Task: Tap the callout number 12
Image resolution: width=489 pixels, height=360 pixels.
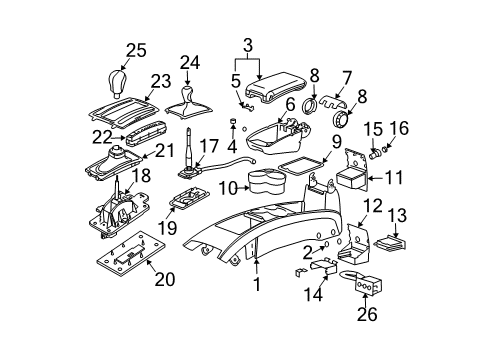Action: point(372,206)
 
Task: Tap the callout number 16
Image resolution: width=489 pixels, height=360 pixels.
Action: point(391,129)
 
